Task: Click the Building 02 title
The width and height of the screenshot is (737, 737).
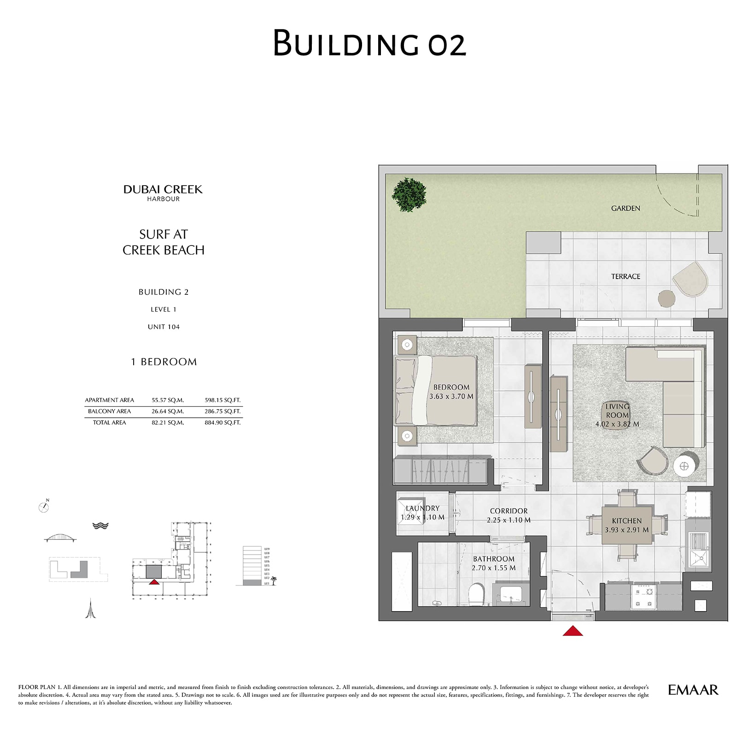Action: [369, 43]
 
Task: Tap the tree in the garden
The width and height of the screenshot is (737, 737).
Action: [409, 195]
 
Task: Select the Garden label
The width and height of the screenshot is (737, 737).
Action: [625, 208]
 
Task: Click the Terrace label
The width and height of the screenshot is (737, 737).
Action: [625, 276]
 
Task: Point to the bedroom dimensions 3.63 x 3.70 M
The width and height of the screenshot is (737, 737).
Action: [451, 396]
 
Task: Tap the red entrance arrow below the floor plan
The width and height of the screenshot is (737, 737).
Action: [573, 631]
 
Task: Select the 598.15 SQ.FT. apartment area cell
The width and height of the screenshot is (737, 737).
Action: [222, 400]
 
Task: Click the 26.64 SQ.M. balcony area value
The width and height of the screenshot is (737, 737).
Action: [168, 411]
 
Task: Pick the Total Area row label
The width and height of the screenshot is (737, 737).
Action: [109, 422]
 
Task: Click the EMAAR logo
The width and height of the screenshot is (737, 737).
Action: [693, 690]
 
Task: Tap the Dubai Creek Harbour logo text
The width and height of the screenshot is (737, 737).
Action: [163, 193]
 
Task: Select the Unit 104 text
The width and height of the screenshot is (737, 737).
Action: [164, 327]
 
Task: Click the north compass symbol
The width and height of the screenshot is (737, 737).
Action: [44, 507]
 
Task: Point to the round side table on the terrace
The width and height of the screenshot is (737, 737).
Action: [666, 298]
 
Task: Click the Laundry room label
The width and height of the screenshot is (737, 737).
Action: [422, 508]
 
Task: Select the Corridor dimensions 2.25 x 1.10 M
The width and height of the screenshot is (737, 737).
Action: [509, 520]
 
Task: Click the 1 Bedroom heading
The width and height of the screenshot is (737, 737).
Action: [164, 362]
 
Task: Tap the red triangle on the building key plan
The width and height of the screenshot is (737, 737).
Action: [154, 582]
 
